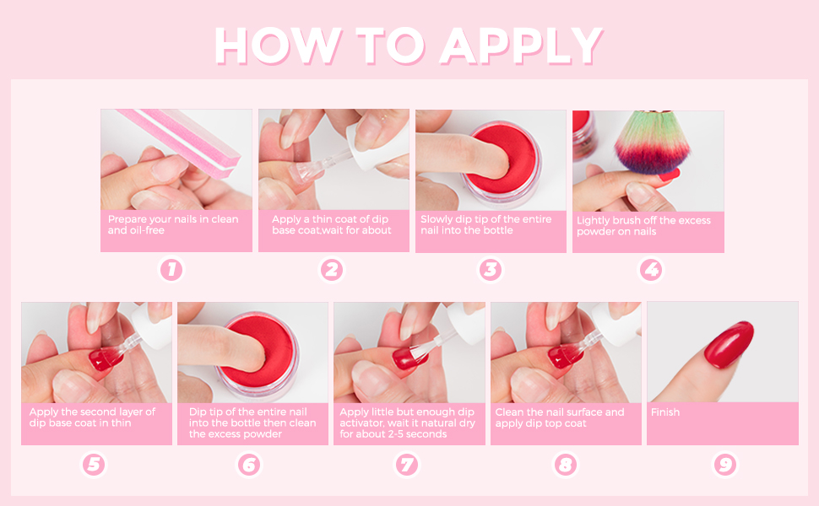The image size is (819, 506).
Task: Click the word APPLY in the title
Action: coord(522,46)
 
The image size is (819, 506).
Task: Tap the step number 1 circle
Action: coord(171,270)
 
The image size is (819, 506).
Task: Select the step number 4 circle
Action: coord(650,270)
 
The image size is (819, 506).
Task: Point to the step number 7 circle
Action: coord(407,464)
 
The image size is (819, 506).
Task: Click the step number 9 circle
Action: coord(724,464)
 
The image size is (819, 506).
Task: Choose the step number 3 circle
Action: coord(491,270)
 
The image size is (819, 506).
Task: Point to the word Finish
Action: coord(665,412)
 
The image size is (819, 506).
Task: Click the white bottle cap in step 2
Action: coord(371,131)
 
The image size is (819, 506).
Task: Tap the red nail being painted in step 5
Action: coord(101,361)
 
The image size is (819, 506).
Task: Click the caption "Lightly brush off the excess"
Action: coord(643,221)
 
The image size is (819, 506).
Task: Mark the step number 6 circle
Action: coord(249,464)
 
